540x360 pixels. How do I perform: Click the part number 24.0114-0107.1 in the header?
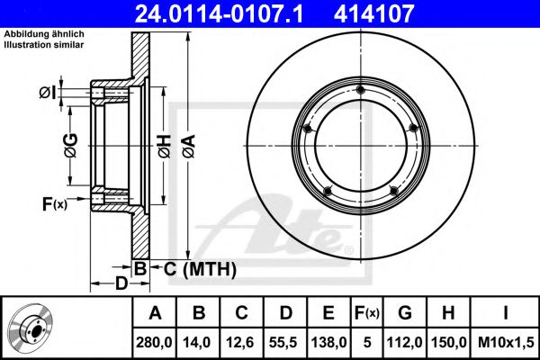coord(219,13)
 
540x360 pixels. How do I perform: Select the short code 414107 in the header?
coord(373,13)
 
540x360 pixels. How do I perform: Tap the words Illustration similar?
coord(44,45)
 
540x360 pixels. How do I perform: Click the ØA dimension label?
coord(189,146)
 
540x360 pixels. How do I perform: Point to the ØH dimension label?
coord(165,146)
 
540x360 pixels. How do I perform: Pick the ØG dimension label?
coord(71,146)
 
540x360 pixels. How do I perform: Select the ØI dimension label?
coord(47,93)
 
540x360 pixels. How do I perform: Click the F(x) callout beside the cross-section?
coord(55,204)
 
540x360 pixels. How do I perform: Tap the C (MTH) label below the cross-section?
coord(200,269)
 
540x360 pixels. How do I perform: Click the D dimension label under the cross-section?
coord(121,283)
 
